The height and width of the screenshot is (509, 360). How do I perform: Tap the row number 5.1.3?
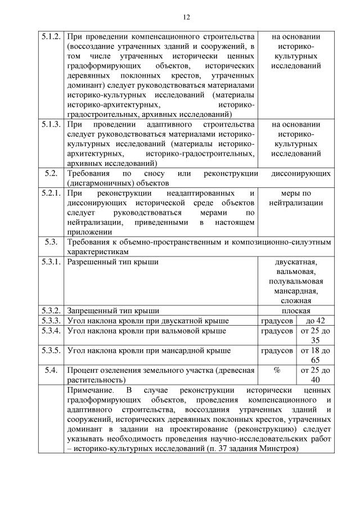pos(51,124)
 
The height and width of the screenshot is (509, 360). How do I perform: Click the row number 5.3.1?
pos(51,262)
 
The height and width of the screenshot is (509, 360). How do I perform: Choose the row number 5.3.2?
pos(51,310)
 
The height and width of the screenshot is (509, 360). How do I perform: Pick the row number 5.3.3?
pos(51,321)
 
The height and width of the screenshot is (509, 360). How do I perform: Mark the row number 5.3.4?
pos(51,331)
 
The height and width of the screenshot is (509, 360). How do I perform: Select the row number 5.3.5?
pos(51,350)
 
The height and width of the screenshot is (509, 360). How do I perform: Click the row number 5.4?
pos(51,370)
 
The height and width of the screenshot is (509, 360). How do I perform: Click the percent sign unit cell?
pos(277,370)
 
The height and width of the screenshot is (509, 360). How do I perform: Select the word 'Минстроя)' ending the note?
pos(278,448)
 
